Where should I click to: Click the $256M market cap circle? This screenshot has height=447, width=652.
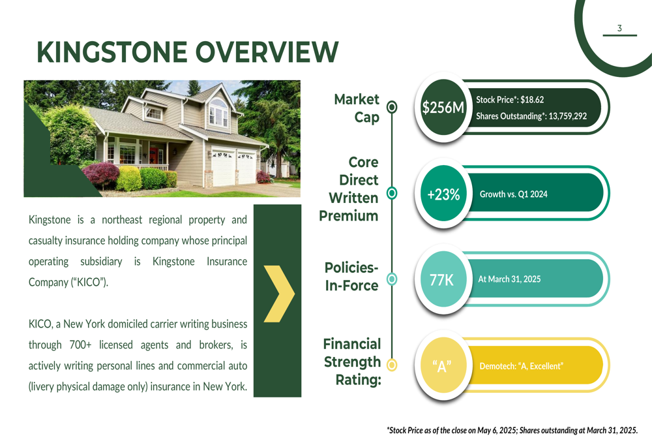[443, 108]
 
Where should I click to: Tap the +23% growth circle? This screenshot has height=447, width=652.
[443, 194]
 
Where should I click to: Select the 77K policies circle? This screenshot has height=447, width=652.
[443, 279]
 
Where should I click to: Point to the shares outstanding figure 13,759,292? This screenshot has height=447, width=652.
[568, 116]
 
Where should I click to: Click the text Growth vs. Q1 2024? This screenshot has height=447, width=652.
[514, 194]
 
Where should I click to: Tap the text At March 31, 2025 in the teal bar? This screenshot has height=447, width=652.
[509, 279]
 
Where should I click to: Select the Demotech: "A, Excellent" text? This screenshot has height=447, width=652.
[522, 366]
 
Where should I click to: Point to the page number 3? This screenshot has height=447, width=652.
[619, 28]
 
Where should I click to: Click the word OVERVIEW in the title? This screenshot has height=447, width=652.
[267, 52]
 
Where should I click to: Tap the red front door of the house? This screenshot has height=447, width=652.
[153, 155]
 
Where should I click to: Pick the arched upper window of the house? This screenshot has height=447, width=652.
[218, 112]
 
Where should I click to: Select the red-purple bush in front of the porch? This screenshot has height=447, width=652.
[102, 176]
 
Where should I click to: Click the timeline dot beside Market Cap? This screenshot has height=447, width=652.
[392, 107]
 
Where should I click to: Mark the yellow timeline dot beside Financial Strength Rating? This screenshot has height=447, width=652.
[392, 365]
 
